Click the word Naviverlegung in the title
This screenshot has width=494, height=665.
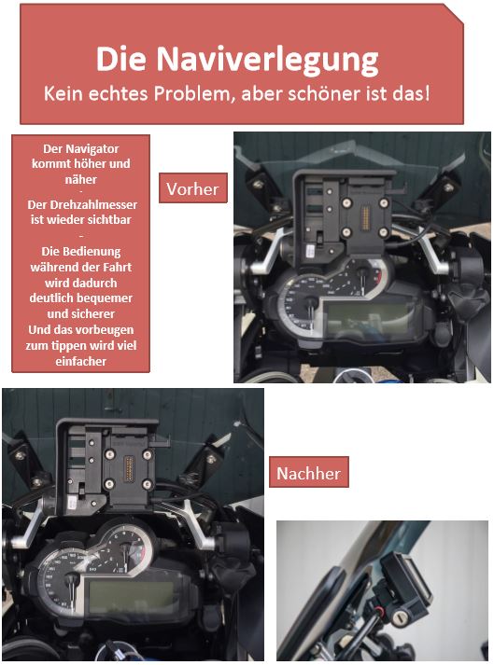267,60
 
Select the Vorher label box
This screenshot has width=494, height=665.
193,187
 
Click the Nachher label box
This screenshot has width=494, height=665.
309,472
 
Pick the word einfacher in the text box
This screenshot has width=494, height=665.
80,361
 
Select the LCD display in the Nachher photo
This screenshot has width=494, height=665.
132,593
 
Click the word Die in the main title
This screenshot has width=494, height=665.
121,58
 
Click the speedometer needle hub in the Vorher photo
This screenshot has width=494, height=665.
310,302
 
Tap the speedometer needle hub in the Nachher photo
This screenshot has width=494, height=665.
71,578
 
